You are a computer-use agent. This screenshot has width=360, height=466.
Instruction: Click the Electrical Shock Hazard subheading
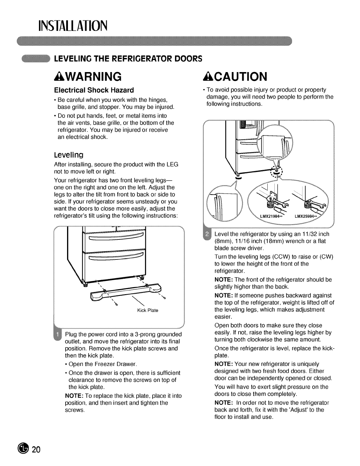tap(93, 90)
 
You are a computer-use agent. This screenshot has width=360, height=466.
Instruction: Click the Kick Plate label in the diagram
tap(147, 310)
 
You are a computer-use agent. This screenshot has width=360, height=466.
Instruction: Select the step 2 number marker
tap(207, 234)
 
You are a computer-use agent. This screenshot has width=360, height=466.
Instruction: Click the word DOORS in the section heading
tap(188, 58)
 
